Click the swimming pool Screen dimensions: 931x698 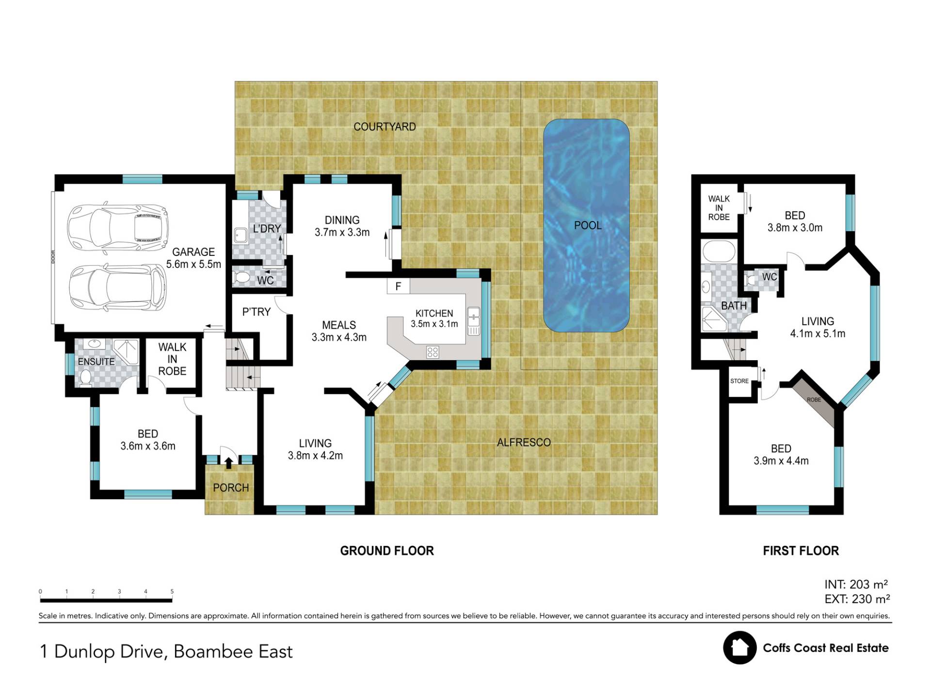586,225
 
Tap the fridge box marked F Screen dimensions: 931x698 398,286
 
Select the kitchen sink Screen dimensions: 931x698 473,321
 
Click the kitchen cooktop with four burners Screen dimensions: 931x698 433,352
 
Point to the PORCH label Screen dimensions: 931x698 231,488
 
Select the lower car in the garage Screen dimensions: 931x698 117,289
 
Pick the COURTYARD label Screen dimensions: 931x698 385,127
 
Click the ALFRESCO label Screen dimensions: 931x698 524,443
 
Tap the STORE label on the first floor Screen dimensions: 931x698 739,381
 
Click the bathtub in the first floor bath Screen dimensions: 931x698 719,252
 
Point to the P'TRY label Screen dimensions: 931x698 256,312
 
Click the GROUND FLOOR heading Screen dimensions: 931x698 387,551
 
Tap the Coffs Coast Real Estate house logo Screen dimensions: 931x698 739,648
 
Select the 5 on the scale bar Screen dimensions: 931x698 172,591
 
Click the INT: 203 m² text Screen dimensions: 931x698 856,585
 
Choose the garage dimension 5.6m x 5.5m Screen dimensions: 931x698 193,264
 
